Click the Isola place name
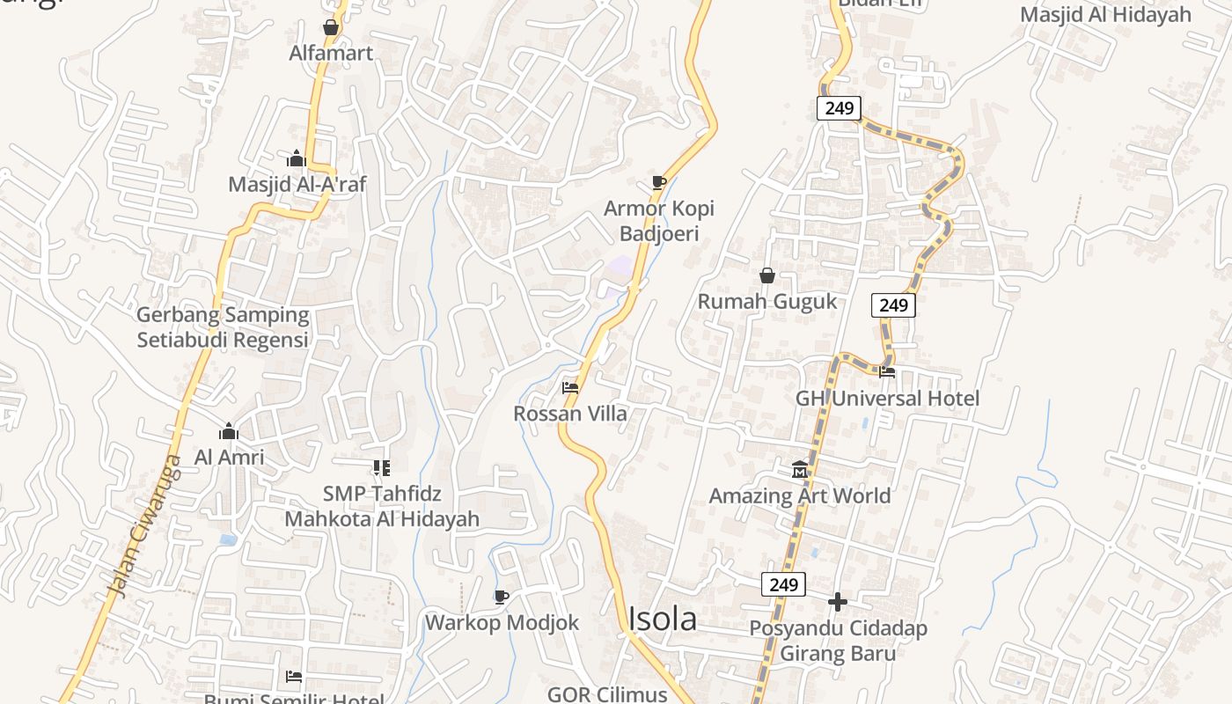pos(662,619)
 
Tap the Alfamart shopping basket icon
pos(331,27)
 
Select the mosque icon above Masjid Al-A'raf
pos(297,158)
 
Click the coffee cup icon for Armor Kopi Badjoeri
pos(658,182)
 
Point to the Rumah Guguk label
pos(767,301)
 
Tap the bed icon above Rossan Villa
pos(570,387)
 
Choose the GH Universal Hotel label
pos(887,398)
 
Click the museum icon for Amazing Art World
pos(800,469)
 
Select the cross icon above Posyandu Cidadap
pos(838,602)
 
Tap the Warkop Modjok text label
pos(502,622)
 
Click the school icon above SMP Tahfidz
pos(381,467)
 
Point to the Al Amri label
pos(229,458)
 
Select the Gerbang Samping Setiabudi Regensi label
pos(223,327)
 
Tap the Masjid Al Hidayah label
pos(1105,14)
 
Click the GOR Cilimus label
pos(607,694)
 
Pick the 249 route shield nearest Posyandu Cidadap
pos(783,584)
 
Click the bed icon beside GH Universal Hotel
pos(887,371)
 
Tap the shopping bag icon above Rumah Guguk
pos(767,275)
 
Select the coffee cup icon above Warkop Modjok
pos(502,597)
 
